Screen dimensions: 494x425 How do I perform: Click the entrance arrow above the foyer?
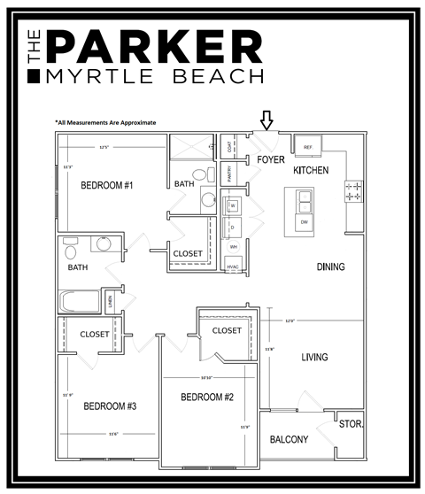267,120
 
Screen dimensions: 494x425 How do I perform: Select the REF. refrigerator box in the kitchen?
308,147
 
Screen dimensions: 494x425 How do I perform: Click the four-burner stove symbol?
352,189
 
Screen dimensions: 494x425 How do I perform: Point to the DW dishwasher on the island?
304,222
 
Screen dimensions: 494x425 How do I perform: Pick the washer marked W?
234,206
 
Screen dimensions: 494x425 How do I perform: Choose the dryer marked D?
234,228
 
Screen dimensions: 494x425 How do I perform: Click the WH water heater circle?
234,246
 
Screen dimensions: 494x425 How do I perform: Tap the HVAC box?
234,266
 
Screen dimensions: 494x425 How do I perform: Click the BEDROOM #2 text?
208,397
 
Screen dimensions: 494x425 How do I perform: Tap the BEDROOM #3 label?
109,406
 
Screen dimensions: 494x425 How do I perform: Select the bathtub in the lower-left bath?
80,302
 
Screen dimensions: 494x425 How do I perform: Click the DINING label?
330,266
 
